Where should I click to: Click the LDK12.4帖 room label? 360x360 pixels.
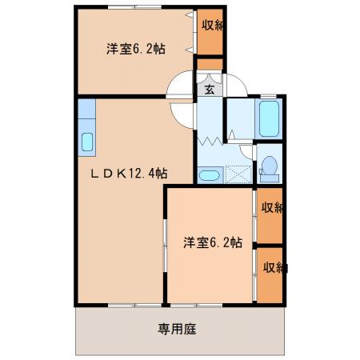point(130,174)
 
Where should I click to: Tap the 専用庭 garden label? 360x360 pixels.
point(177,329)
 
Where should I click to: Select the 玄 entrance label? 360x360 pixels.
point(210,90)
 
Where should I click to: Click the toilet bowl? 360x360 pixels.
point(269,164)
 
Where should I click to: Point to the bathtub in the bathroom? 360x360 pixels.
point(269,118)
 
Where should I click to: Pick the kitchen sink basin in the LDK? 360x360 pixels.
point(87,142)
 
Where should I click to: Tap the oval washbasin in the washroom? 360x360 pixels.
point(210,175)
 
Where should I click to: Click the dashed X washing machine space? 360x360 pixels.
point(238,174)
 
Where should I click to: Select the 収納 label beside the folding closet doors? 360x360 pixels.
point(212,26)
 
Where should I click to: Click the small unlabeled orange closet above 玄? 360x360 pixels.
point(210,64)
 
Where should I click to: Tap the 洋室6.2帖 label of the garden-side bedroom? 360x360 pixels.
point(213,242)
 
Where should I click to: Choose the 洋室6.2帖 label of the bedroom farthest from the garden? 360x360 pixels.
point(136,49)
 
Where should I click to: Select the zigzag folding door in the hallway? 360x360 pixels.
point(210,141)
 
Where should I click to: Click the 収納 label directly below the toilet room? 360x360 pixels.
point(271,208)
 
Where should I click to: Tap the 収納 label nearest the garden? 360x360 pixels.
point(274,267)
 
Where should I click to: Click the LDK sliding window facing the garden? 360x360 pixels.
point(134,305)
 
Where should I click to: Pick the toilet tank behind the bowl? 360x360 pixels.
point(270,178)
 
